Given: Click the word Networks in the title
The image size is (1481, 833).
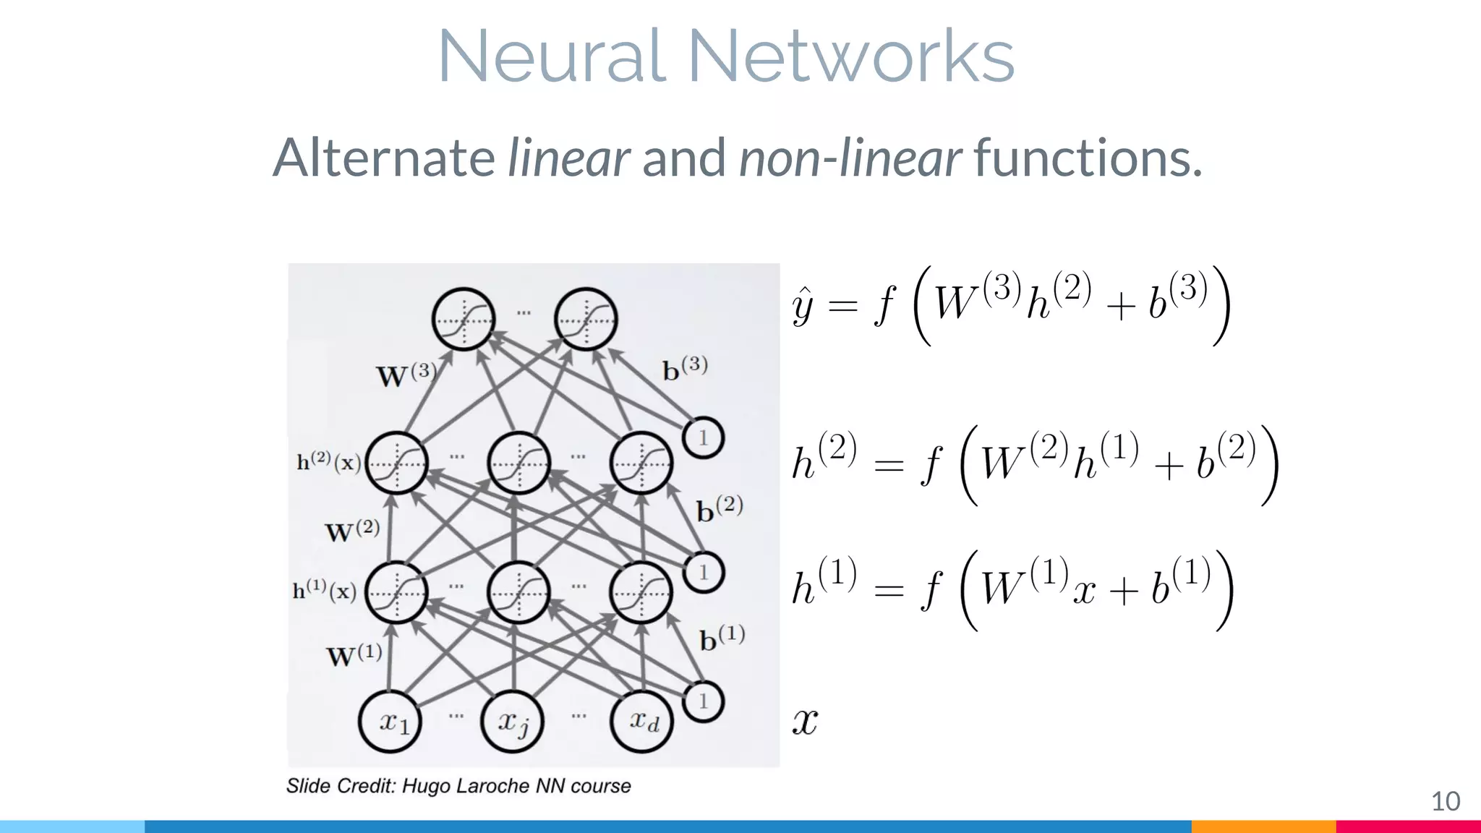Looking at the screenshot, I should (851, 56).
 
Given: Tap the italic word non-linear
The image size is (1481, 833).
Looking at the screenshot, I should (850, 158).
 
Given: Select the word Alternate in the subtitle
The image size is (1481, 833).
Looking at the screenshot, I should (384, 158).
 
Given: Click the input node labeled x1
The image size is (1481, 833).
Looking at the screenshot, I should (390, 722).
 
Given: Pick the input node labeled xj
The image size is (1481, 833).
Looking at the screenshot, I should (513, 722).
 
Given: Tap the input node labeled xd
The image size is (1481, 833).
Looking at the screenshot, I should (641, 722).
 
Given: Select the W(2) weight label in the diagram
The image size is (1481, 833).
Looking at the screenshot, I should (352, 531).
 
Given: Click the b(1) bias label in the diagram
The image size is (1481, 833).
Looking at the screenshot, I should (722, 638).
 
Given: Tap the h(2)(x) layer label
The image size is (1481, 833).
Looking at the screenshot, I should (328, 461).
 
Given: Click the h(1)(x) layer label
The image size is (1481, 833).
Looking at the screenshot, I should (324, 591).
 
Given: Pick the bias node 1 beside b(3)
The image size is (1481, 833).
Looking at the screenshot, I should (703, 437).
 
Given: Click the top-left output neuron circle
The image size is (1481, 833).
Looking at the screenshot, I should (464, 319).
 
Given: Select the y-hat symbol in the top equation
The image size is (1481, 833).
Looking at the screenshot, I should (803, 307).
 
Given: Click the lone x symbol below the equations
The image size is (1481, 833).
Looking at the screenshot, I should (805, 722).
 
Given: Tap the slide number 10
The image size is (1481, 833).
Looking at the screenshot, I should (1446, 801).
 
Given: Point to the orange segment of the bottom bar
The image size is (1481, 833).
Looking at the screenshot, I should (1263, 826).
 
